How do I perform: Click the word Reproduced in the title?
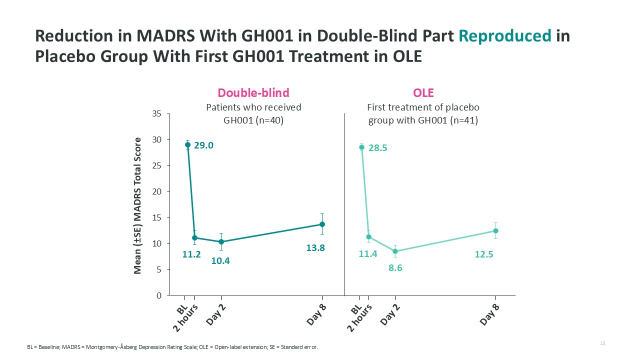click(505, 36)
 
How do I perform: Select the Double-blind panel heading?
click(253, 92)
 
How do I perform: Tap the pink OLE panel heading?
click(423, 92)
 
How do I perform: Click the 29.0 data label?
click(203, 145)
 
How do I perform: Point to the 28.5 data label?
click(378, 148)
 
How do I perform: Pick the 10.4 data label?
click(220, 260)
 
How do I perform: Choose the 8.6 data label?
click(395, 268)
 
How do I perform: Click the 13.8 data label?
click(315, 247)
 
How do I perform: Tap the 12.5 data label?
click(484, 254)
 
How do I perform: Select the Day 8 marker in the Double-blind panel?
click(322, 224)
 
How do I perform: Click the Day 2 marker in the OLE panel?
click(395, 251)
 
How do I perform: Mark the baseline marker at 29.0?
click(187, 145)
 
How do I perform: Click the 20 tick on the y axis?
click(156, 191)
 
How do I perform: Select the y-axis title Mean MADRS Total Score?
click(138, 205)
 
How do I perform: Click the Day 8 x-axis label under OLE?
click(490, 314)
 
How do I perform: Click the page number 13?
click(602, 343)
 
